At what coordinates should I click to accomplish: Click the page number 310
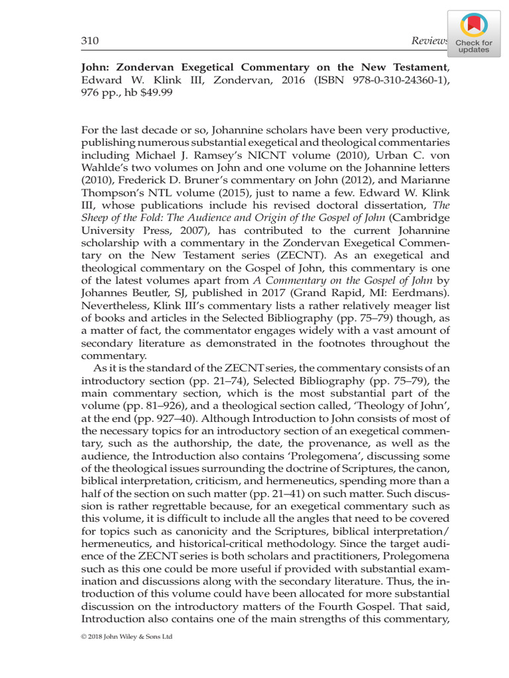pos(89,42)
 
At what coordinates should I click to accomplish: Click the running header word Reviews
pos(429,42)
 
